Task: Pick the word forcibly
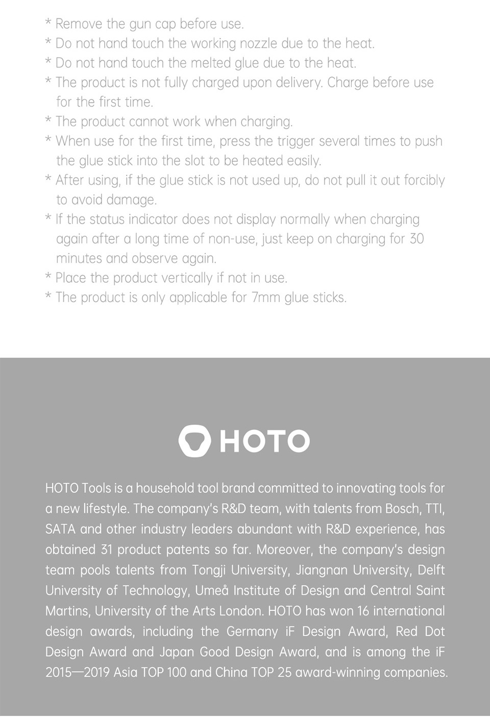[x=424, y=181]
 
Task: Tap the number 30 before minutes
[x=416, y=239]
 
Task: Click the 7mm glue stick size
[x=265, y=298]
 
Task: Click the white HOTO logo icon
[x=194, y=440]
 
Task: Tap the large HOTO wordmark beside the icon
[x=264, y=441]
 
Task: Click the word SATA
[x=60, y=529]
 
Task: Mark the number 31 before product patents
[x=106, y=550]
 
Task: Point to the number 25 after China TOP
[x=284, y=673]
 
